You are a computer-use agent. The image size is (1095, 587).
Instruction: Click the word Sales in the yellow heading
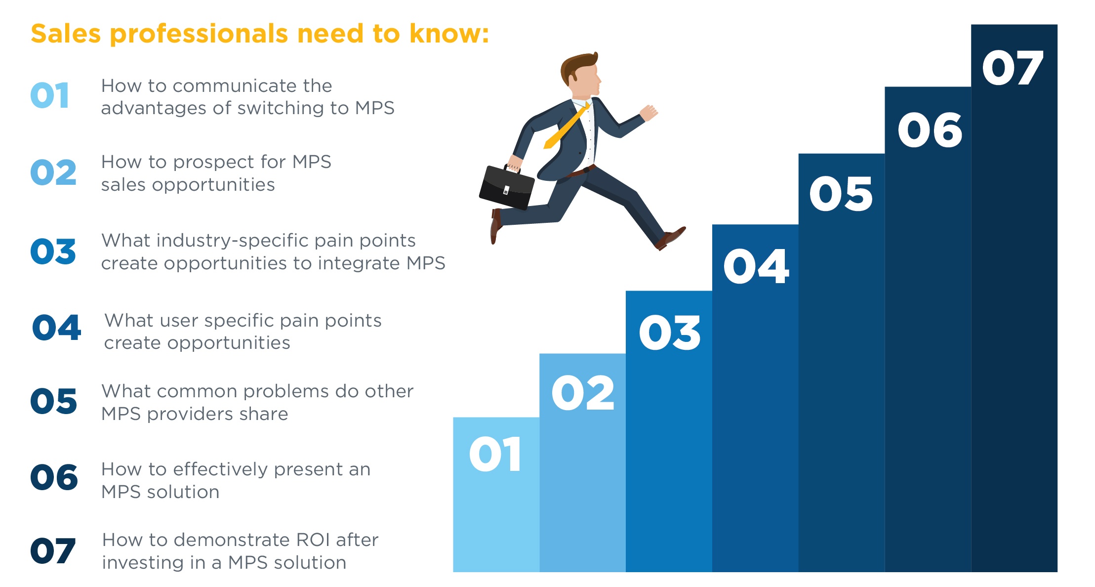pos(66,34)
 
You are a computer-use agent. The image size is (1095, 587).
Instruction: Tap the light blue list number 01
pos(50,95)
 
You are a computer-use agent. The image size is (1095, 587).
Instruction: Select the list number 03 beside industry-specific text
pos(53,251)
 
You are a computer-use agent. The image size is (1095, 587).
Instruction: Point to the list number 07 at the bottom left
pos(53,551)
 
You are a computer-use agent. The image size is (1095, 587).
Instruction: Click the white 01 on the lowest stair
pos(495,454)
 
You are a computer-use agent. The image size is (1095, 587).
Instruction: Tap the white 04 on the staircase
pos(756,266)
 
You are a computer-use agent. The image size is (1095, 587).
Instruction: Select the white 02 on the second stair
pos(583,393)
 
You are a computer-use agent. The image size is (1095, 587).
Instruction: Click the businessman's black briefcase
pos(506,187)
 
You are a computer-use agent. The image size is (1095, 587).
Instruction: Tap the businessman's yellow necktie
pos(566,126)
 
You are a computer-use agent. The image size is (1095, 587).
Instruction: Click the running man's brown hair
pos(578,66)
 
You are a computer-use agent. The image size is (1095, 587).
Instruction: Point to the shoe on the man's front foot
pos(671,238)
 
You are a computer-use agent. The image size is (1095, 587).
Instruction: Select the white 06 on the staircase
pos(930,130)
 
